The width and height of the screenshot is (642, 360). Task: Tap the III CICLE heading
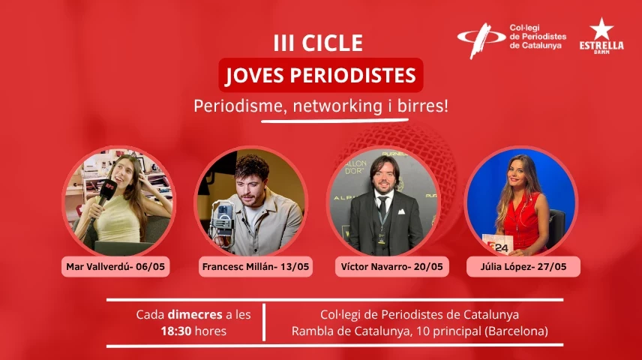(x=318, y=43)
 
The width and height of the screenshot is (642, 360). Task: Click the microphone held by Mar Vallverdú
(x=104, y=195)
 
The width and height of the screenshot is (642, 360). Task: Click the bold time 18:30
(x=178, y=330)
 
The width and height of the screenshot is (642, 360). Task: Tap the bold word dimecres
(x=191, y=314)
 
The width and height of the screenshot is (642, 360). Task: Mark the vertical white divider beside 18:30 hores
(x=264, y=322)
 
